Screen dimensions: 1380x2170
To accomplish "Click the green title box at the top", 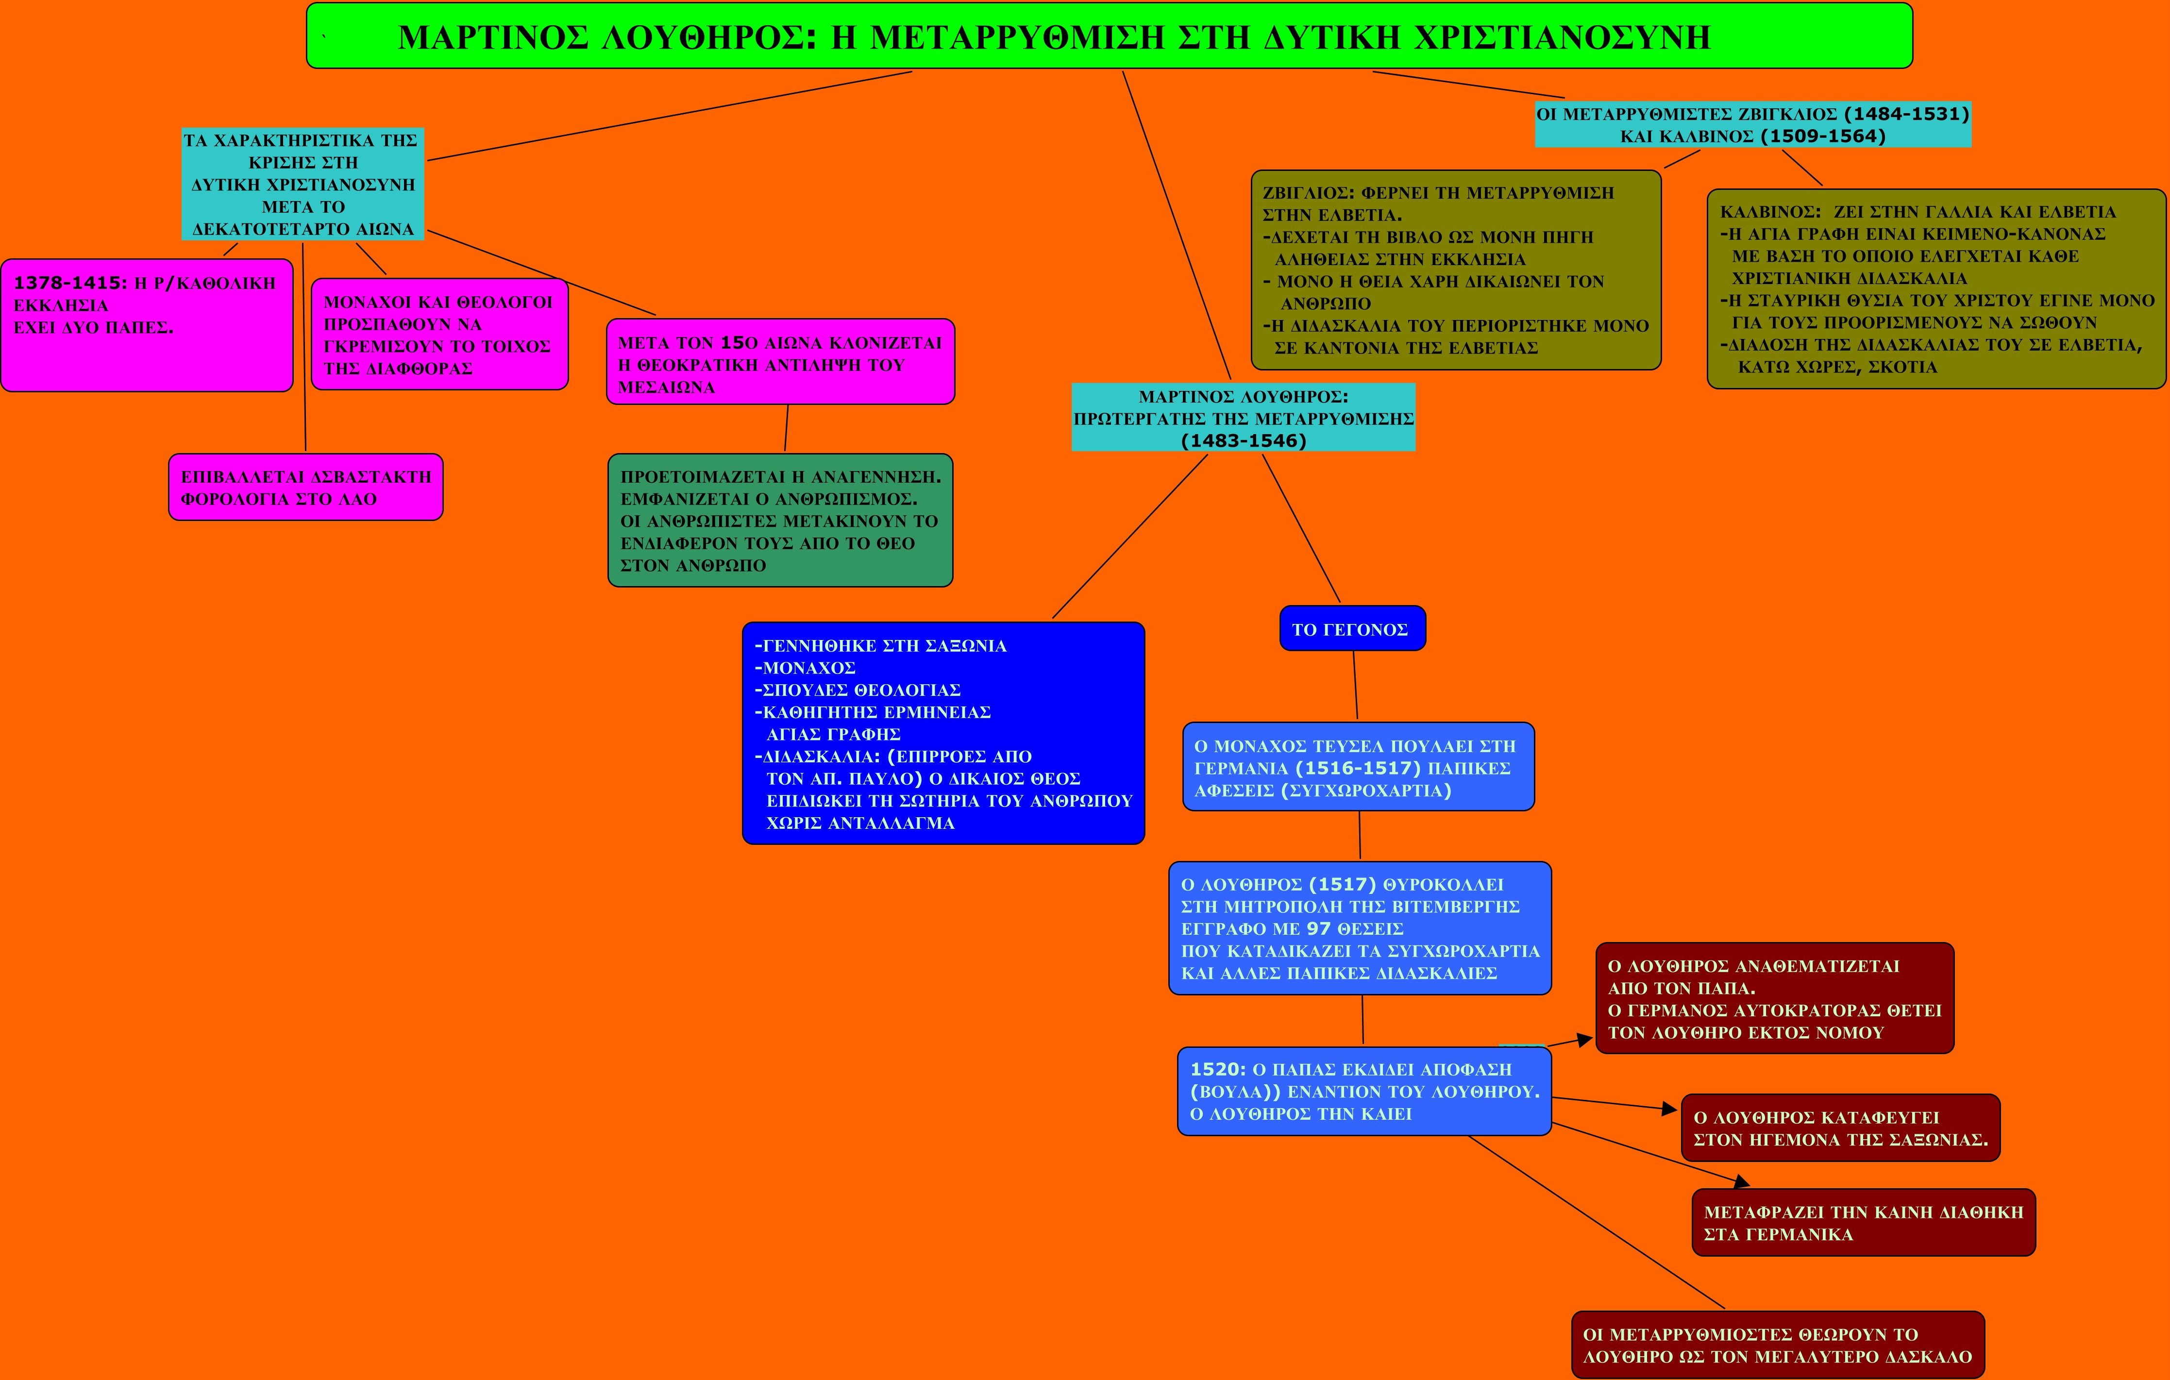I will pos(1109,36).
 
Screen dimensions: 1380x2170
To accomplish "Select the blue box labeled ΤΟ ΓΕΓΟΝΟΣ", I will pos(1352,628).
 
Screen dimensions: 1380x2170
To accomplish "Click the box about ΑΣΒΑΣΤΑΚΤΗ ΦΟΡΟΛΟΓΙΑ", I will pos(305,488).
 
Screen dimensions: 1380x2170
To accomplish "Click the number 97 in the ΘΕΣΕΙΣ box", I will pos(1318,928).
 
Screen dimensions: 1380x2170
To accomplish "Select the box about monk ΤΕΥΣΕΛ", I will pos(1358,767).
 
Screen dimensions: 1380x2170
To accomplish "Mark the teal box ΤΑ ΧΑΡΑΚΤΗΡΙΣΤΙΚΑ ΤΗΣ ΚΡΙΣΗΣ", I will pos(303,184).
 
